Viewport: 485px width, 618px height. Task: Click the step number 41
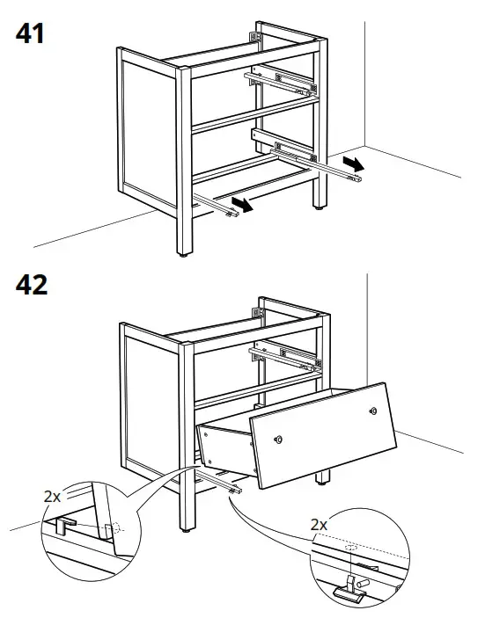(28, 34)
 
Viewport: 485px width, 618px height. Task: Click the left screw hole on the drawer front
(279, 440)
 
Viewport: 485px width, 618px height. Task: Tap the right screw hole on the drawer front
(373, 411)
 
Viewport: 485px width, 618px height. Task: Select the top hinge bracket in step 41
(257, 38)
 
